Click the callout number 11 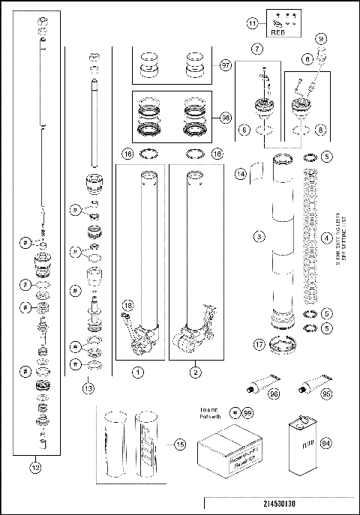(x=252, y=24)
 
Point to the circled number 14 (x=241, y=174)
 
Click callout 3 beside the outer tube (x=259, y=237)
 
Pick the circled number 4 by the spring (x=326, y=238)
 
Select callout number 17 (x=259, y=345)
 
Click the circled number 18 (x=128, y=307)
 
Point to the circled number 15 (x=178, y=445)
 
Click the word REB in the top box (x=277, y=32)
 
